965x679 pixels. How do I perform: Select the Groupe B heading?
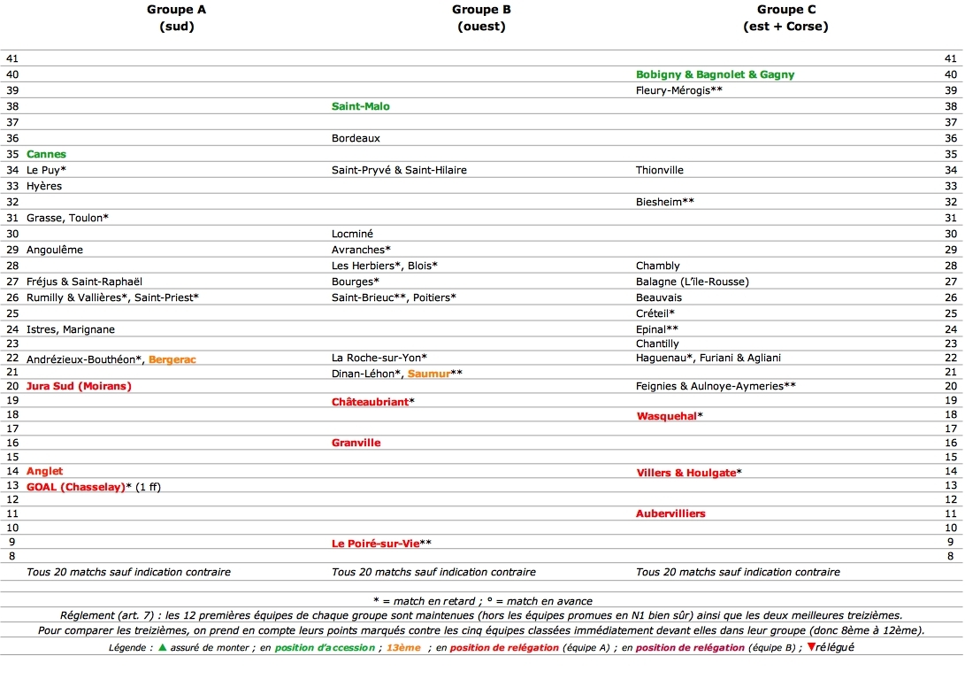(x=481, y=10)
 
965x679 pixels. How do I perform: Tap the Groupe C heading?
(x=786, y=10)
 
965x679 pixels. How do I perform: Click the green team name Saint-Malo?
(x=360, y=106)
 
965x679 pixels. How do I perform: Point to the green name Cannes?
(x=46, y=154)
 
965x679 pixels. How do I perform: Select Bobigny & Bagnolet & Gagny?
(x=715, y=74)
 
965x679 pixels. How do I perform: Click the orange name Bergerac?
(x=172, y=359)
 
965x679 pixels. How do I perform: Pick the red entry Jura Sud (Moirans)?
(x=79, y=386)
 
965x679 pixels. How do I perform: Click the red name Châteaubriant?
(x=370, y=402)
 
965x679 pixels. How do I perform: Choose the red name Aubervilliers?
(x=670, y=513)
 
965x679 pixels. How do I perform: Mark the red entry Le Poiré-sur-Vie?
(x=375, y=543)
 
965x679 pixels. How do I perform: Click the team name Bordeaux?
(x=356, y=138)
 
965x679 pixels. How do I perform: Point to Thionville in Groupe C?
(x=660, y=170)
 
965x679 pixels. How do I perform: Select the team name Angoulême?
(x=55, y=250)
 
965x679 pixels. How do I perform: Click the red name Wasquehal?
(x=666, y=416)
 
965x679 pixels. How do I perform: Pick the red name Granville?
(x=356, y=443)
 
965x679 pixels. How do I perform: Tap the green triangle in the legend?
(x=162, y=647)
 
